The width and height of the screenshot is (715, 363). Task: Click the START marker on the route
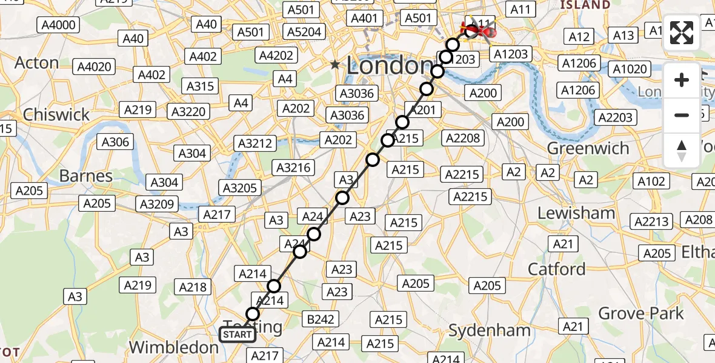click(237, 335)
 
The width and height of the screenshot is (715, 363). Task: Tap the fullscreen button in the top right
click(682, 33)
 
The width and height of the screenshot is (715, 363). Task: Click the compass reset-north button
click(682, 150)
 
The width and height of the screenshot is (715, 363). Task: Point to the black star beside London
click(335, 64)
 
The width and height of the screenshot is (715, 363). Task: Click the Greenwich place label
click(588, 148)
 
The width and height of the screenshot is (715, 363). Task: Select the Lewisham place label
click(576, 213)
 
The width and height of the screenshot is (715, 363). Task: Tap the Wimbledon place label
click(174, 347)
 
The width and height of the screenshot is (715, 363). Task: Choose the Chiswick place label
click(56, 114)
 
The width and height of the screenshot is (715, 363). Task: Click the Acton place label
click(36, 63)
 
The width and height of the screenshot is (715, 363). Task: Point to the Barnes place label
click(85, 176)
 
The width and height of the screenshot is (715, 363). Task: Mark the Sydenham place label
click(489, 330)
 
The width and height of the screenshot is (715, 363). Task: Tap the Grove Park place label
click(641, 313)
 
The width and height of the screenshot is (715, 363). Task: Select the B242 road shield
click(321, 319)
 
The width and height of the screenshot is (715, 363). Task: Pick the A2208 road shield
click(462, 138)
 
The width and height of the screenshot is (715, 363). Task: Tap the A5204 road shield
click(305, 31)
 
